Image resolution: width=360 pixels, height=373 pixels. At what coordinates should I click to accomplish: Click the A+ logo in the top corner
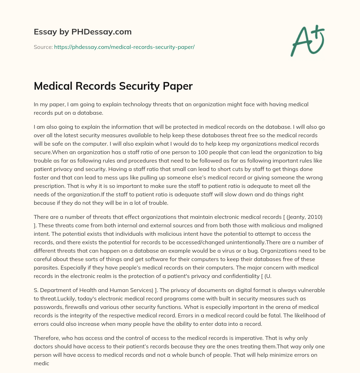307,40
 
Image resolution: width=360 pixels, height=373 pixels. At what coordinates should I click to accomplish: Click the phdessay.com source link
124,47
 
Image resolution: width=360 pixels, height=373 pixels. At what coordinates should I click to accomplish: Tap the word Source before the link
43,47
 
